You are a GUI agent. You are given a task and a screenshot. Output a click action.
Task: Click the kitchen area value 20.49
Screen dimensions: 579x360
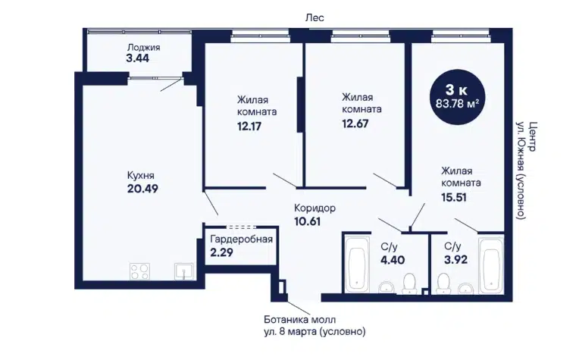pyautogui.click(x=142, y=189)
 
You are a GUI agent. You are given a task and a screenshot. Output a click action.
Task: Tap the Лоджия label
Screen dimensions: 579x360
pyautogui.click(x=144, y=47)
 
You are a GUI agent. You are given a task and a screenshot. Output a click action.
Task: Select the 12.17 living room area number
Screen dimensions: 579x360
pyautogui.click(x=249, y=127)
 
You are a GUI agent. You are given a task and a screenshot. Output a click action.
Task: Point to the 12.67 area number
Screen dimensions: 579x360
pyautogui.click(x=355, y=124)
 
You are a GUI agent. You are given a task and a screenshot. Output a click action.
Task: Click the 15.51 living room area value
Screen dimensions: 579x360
pyautogui.click(x=454, y=197)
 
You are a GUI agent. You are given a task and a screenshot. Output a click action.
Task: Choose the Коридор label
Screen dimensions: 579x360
pyautogui.click(x=315, y=208)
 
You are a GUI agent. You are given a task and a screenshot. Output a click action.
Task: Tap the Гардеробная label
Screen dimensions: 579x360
pyautogui.click(x=242, y=239)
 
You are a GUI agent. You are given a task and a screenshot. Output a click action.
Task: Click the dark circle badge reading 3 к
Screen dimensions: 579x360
pyautogui.click(x=457, y=97)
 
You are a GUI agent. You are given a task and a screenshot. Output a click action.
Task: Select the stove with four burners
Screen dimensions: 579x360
pyautogui.click(x=139, y=271)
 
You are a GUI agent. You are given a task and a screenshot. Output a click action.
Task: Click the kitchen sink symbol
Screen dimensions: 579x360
pyautogui.click(x=184, y=271)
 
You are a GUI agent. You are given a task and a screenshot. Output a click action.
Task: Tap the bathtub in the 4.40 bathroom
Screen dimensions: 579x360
pyautogui.click(x=357, y=265)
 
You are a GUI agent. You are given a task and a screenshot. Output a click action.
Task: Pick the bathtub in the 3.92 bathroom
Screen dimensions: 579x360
pyautogui.click(x=491, y=265)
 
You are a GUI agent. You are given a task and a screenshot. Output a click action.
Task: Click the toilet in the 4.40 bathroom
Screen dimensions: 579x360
pyautogui.click(x=409, y=283)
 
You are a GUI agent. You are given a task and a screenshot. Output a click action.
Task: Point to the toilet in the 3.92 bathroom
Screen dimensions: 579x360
pyautogui.click(x=443, y=283)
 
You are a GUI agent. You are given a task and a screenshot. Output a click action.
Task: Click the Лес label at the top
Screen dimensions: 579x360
pyautogui.click(x=315, y=17)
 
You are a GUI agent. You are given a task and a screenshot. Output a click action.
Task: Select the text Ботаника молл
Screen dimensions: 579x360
pyautogui.click(x=300, y=319)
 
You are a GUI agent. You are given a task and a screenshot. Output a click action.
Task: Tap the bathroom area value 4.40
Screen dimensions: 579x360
pyautogui.click(x=393, y=260)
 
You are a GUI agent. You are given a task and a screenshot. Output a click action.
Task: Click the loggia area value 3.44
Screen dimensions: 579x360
pyautogui.click(x=137, y=58)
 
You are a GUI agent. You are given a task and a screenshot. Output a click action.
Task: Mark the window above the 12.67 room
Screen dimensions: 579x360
pyautogui.click(x=361, y=36)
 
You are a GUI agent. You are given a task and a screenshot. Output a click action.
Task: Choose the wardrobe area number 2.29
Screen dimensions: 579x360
pyautogui.click(x=221, y=252)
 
